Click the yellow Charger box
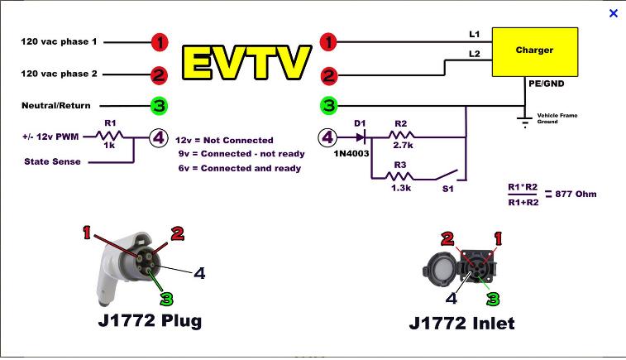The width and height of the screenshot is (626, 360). click(x=533, y=51)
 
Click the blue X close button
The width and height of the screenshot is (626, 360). click(x=613, y=13)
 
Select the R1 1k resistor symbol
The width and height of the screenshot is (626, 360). click(x=109, y=137)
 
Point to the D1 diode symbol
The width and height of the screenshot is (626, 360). click(x=361, y=137)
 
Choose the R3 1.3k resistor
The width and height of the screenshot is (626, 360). click(x=400, y=176)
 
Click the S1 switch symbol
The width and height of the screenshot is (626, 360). click(x=447, y=175)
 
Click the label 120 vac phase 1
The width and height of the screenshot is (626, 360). click(x=59, y=41)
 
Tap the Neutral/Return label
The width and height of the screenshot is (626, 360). click(x=56, y=105)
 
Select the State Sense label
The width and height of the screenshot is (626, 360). click(x=53, y=161)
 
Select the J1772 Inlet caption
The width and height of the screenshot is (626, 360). click(x=461, y=322)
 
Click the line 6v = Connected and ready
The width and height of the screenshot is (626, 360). click(x=239, y=168)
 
